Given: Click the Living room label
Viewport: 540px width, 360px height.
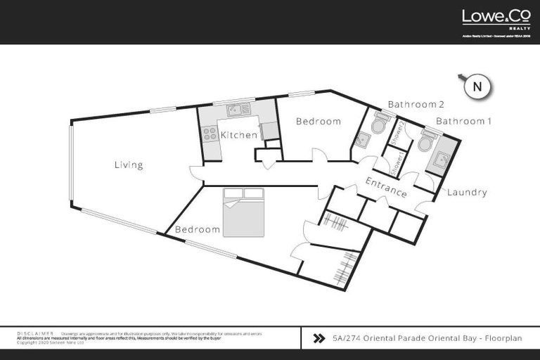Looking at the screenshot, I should coord(129,165).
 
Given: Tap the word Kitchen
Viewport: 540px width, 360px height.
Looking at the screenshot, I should coord(238,135).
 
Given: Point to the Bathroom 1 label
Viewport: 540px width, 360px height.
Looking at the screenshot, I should coord(463,121).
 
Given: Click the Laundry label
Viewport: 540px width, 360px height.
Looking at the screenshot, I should coord(467,193).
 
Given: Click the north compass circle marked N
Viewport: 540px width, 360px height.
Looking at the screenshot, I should coord(477,87).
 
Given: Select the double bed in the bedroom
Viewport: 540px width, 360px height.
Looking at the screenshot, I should coord(243,212).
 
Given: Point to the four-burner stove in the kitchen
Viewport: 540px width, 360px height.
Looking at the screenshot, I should coord(210,133).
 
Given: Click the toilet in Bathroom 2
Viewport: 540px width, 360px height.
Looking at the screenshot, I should coord(379,124).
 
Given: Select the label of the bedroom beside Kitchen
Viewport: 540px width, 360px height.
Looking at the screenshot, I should coord(318,122).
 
